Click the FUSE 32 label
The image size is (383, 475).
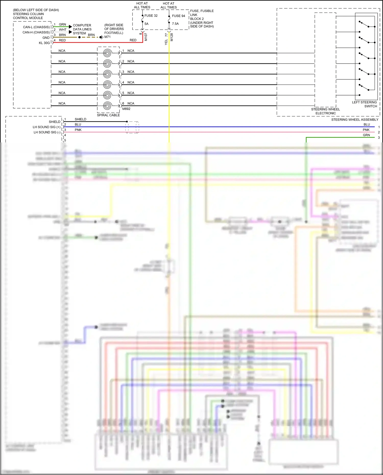tap(151, 16)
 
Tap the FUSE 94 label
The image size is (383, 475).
tap(178, 16)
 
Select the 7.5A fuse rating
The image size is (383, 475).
tap(175, 24)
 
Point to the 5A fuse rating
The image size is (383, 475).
tap(146, 24)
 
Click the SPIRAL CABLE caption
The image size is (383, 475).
tap(108, 115)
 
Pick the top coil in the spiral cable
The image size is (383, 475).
tap(107, 53)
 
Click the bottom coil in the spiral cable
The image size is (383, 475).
tap(107, 106)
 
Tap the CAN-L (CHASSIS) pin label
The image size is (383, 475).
tap(36, 27)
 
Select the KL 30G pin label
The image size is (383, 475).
tap(44, 43)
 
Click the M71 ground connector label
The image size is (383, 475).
tap(107, 37)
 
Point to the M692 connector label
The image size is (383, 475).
tap(126, 109)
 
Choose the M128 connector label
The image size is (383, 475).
tap(172, 37)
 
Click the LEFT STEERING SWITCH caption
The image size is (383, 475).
tap(364, 104)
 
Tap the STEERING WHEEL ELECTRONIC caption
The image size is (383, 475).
tap(326, 111)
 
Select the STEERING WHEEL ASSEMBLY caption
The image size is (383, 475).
tap(355, 119)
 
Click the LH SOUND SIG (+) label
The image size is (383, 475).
tap(46, 127)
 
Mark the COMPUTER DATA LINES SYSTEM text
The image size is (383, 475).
tap(82, 29)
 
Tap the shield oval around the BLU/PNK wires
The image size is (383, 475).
tap(132, 127)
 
